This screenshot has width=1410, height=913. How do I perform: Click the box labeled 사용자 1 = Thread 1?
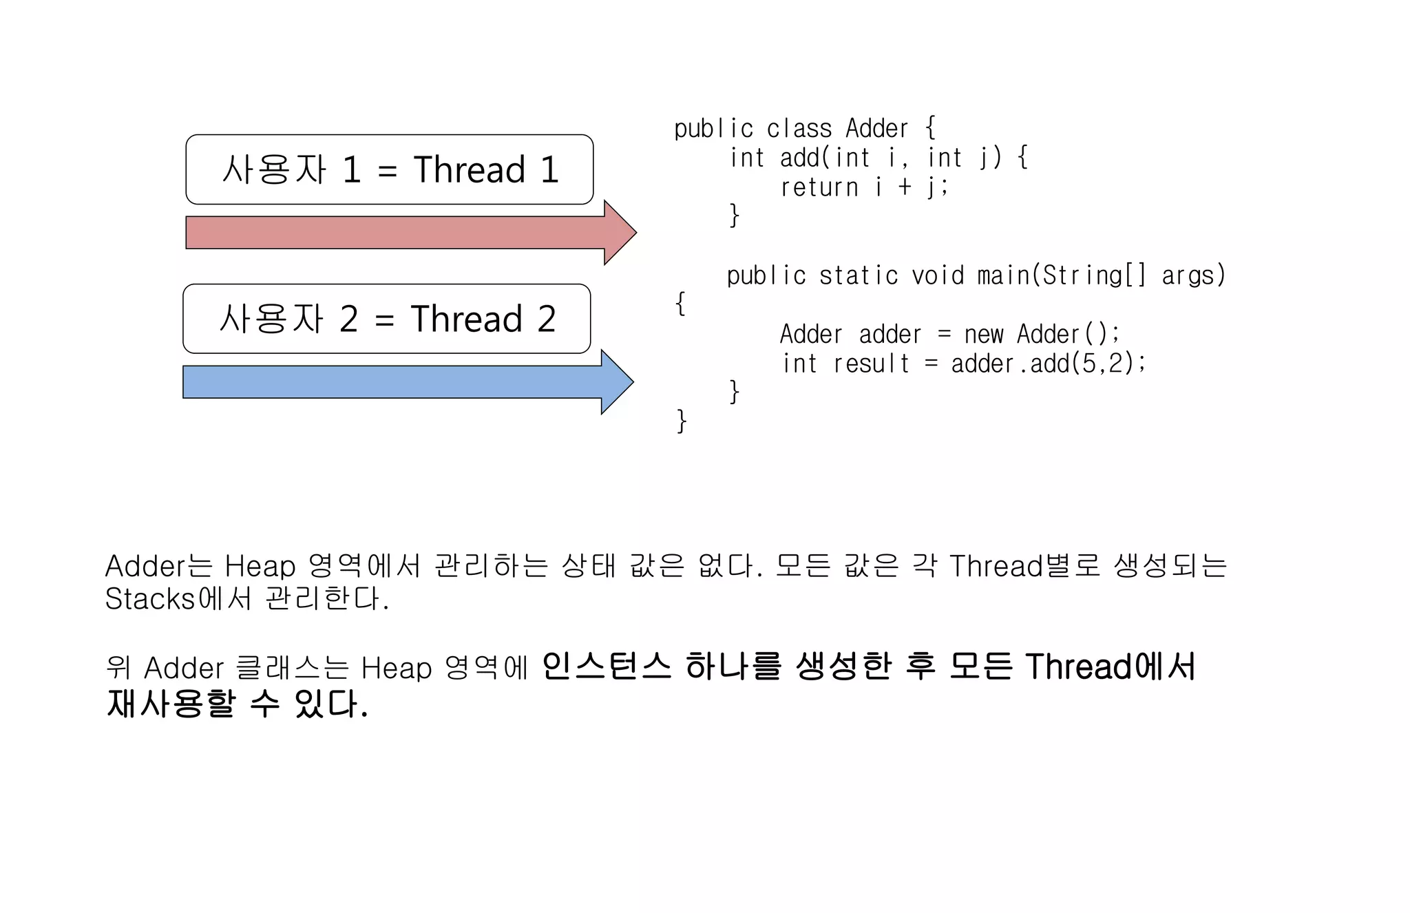[x=389, y=169]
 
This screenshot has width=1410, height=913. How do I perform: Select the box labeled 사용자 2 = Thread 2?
[x=386, y=319]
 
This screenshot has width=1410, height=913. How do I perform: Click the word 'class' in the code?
[x=799, y=129]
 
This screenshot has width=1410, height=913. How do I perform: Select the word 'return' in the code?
[x=819, y=187]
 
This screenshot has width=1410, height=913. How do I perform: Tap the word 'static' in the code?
[x=859, y=275]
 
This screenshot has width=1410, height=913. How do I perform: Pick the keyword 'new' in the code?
[x=984, y=335]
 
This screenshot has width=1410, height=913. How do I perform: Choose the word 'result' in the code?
[x=872, y=364]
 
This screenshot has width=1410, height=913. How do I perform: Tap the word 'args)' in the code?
[x=1194, y=275]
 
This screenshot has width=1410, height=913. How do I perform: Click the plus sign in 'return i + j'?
[x=905, y=187]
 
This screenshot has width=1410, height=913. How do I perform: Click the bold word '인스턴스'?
[x=606, y=666]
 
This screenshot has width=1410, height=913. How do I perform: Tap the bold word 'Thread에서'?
[x=1111, y=666]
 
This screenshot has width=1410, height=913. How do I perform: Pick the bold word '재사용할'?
[x=171, y=703]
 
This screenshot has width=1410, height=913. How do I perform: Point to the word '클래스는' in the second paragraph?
[x=293, y=668]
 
